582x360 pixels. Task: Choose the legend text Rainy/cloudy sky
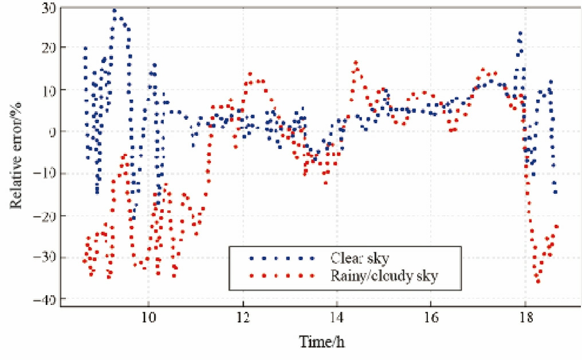[384, 276]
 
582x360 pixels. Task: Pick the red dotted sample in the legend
[282, 276]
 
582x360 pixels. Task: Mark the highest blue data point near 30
[115, 10]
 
